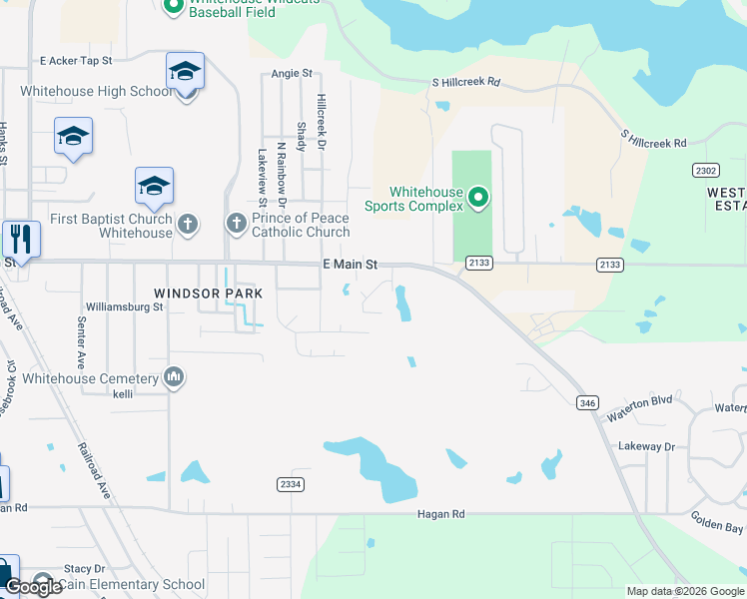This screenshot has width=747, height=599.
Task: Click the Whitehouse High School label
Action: click(x=96, y=92)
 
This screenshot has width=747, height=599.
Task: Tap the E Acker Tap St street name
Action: click(x=76, y=61)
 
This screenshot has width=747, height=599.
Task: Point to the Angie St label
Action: click(x=292, y=74)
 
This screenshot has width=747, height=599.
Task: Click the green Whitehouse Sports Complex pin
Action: click(x=478, y=198)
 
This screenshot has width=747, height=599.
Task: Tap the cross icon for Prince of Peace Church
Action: click(x=237, y=223)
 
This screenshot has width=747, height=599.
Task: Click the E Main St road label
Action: click(x=350, y=265)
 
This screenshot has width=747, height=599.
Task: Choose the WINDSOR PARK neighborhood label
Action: click(x=209, y=294)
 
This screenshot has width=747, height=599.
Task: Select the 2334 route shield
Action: click(x=290, y=484)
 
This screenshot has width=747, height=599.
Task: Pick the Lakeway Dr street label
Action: click(x=646, y=446)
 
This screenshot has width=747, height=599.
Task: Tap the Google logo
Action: click(x=33, y=587)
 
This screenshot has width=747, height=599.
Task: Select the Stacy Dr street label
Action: click(x=85, y=568)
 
